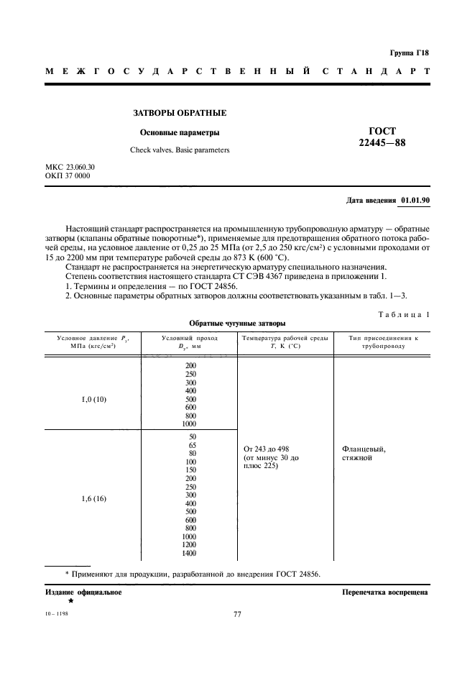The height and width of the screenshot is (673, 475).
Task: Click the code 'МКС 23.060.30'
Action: pos(70,168)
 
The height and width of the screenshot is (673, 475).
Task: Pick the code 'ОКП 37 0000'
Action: pos(67,175)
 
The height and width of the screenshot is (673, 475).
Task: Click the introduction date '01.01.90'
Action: pos(415,200)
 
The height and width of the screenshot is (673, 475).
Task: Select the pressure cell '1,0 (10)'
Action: pos(92,398)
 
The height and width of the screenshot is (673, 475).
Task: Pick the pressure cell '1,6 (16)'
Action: pos(92,498)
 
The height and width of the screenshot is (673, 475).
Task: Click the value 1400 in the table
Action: pos(190,552)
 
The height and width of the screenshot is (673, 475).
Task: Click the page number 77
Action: pos(238,613)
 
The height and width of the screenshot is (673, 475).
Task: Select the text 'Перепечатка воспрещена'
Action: pos(385,593)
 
